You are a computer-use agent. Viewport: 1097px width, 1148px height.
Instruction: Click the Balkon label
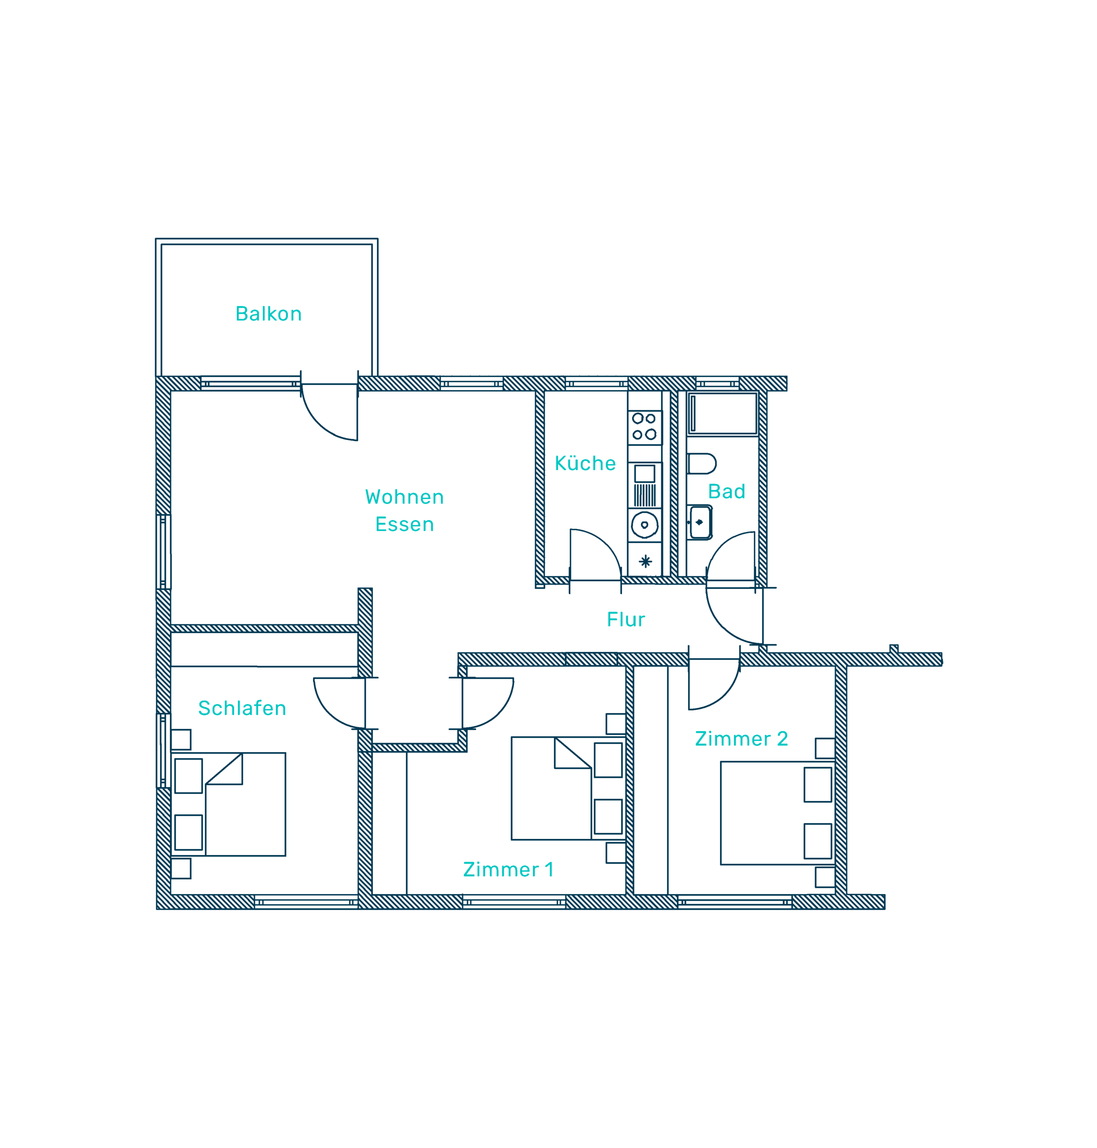[x=268, y=314]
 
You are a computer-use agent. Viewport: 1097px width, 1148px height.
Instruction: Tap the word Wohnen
[x=404, y=497]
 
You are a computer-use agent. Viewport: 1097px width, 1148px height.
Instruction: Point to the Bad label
[x=726, y=491]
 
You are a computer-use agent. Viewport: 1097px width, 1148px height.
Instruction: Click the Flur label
[x=626, y=620]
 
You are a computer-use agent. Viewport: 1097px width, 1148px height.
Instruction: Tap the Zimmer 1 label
[x=507, y=870]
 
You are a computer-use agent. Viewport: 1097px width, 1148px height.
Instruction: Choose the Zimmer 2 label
[x=741, y=739]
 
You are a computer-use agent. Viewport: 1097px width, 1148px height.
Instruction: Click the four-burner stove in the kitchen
[x=644, y=427]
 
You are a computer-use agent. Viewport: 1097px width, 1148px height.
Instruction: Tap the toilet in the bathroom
[x=702, y=464]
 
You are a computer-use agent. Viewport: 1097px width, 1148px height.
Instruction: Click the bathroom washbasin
[x=700, y=522]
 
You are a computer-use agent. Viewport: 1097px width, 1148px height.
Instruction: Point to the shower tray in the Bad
[x=723, y=413]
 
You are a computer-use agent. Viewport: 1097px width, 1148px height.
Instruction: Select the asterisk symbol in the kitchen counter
[x=645, y=562]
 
